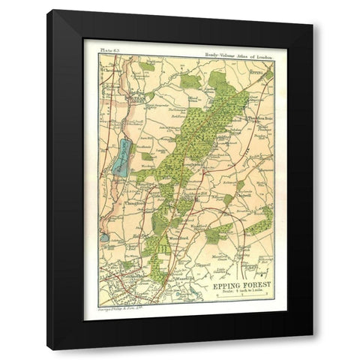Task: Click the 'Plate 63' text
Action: point(99,54)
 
